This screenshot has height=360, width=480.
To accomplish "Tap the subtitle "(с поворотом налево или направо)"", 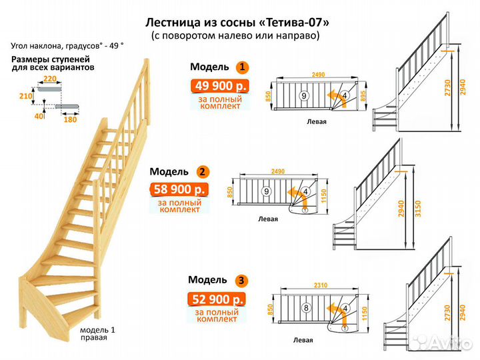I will [235, 35].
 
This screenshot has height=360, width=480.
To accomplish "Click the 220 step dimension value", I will [50, 79].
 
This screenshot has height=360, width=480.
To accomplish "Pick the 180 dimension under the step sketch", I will [69, 120].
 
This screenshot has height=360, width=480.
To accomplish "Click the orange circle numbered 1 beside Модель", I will [242, 67].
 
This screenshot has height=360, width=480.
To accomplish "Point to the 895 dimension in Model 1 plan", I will [363, 95].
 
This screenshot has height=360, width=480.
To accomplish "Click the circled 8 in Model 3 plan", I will [305, 309].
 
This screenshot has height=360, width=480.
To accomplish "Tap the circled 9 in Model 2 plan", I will [266, 191].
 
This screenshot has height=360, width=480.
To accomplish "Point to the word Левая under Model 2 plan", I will [269, 218].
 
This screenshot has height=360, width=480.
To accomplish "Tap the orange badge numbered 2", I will [201, 171].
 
